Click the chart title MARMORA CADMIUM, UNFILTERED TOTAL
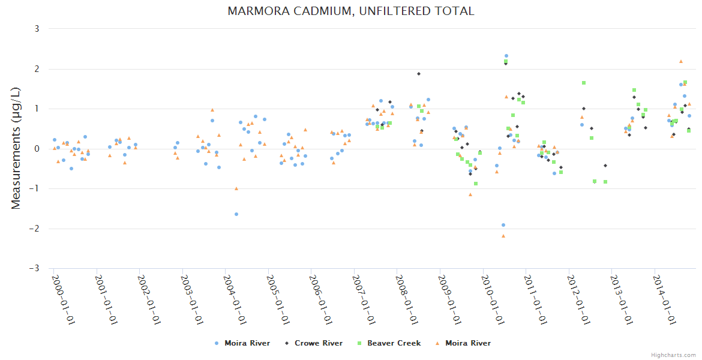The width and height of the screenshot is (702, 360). [351, 11]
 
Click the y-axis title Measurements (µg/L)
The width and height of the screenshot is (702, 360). [16, 148]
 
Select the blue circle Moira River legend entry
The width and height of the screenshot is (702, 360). [242, 343]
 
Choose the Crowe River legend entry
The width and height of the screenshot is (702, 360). [314, 343]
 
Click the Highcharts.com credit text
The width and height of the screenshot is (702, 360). [673, 355]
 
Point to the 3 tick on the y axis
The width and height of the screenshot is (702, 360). [37, 29]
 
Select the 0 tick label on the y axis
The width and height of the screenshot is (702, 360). [37, 149]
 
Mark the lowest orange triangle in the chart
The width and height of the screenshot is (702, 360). [503, 236]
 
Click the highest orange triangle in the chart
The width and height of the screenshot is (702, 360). [681, 61]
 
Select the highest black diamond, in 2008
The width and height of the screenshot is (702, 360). [419, 74]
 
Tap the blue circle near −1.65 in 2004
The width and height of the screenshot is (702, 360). [236, 214]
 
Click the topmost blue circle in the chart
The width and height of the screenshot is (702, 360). [506, 56]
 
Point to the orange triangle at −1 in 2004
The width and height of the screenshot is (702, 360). [236, 188]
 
